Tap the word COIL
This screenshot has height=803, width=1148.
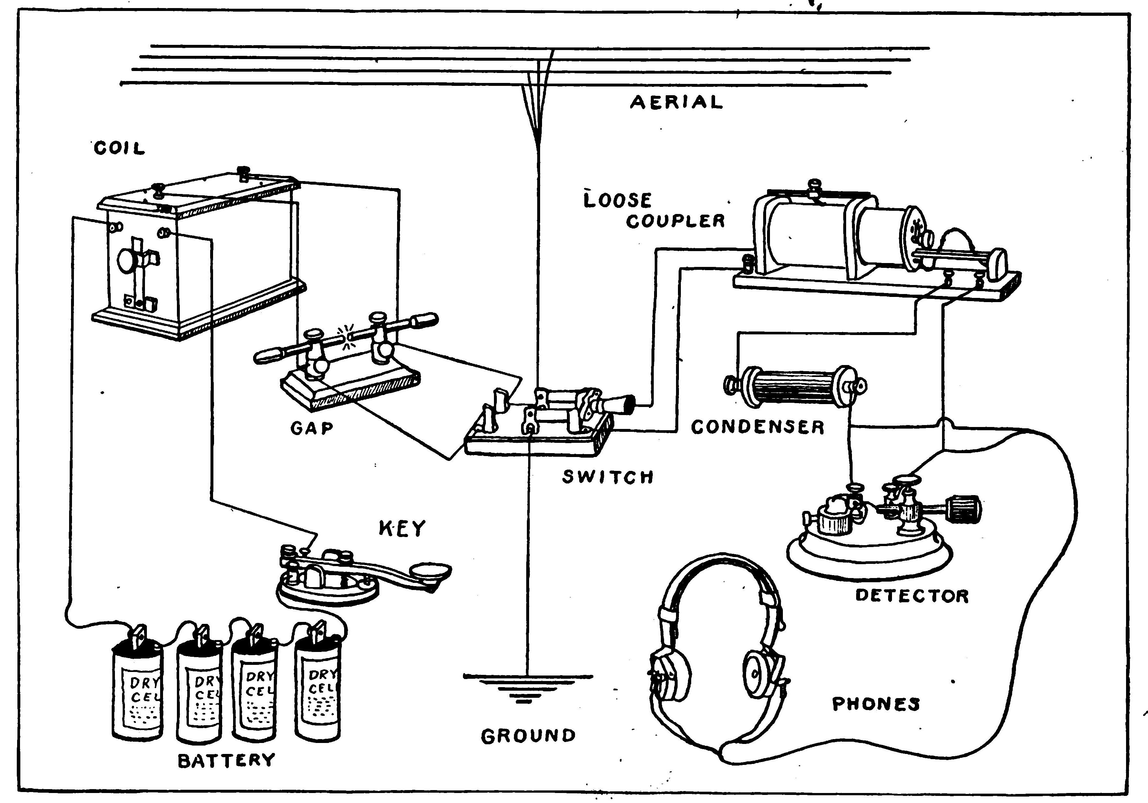click(x=119, y=148)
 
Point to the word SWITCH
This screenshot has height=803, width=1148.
click(x=608, y=477)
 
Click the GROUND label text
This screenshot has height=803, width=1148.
click(x=528, y=736)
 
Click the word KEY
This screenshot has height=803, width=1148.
click(x=402, y=528)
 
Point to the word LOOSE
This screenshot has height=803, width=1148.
click(x=618, y=200)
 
